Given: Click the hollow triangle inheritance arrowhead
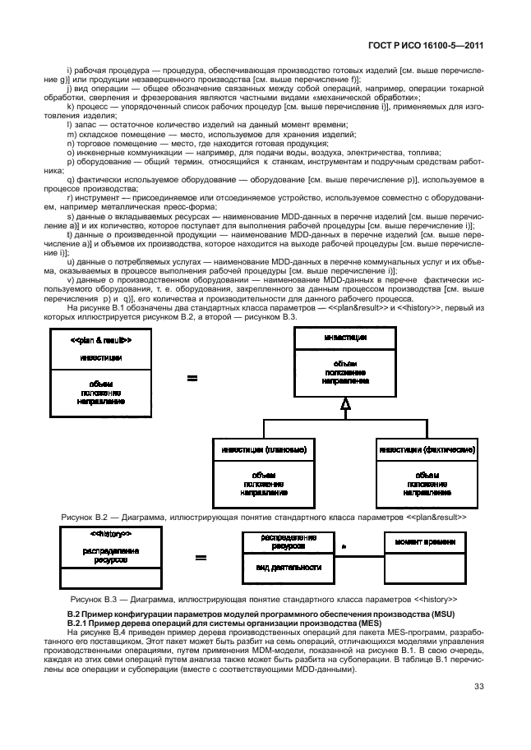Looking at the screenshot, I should click(346, 402).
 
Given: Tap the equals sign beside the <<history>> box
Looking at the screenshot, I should click(200, 558).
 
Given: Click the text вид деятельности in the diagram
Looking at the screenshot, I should click(277, 567).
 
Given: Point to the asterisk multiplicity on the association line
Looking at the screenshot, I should click(343, 545).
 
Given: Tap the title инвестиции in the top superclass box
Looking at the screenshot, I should click(345, 335).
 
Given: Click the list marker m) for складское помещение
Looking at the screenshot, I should click(71, 134).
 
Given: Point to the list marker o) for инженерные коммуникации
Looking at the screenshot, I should click(71, 152).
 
